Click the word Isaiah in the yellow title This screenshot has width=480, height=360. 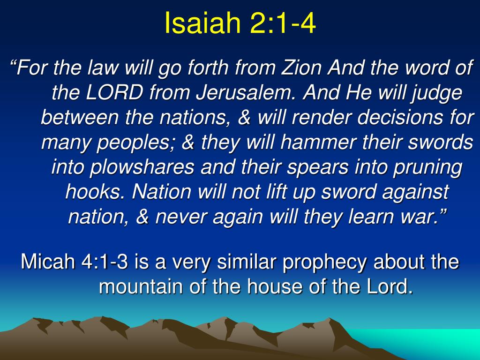(x=202, y=23)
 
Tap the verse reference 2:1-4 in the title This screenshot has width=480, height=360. (x=283, y=23)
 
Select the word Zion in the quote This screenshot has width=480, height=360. (x=301, y=67)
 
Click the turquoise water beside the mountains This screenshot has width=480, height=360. (x=428, y=343)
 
